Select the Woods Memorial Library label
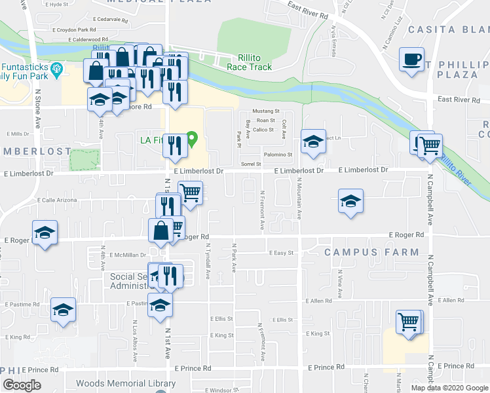[x=126, y=384]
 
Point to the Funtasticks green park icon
[x=56, y=67]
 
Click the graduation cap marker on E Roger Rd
[x=45, y=233]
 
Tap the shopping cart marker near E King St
[x=409, y=322]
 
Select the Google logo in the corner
[x=22, y=384]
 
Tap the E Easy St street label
[x=282, y=252]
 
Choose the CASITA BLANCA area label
[x=449, y=29]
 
